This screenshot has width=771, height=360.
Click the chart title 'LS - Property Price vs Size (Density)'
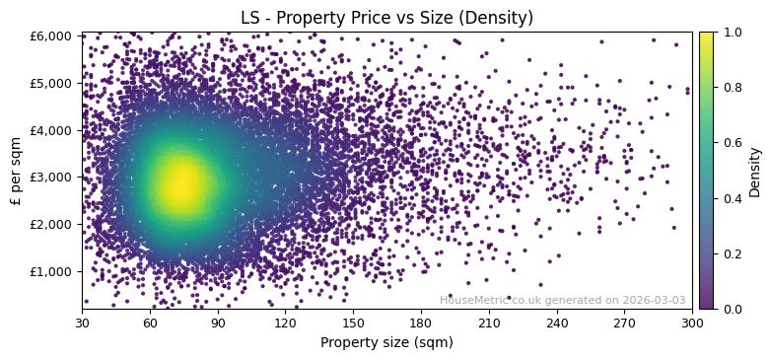coord(386,18)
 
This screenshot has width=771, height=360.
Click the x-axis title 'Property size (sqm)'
coord(386,343)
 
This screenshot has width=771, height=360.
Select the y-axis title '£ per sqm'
coord(16,171)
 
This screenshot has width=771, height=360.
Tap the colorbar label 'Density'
coord(755,171)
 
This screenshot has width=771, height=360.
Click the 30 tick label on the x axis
coord(82,323)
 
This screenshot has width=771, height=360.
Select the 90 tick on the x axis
coord(218,323)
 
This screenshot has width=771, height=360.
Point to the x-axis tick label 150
coord(353,323)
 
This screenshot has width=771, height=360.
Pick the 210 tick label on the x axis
coord(489,323)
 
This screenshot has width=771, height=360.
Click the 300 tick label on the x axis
coord(692,323)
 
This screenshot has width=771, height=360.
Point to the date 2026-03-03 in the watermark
coord(655,300)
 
